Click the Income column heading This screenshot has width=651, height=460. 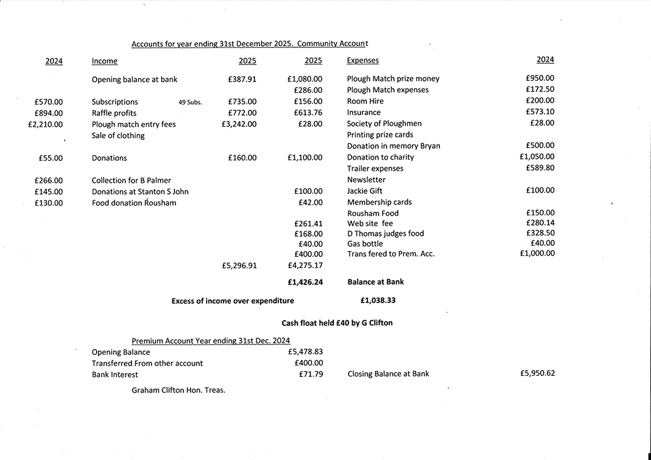tap(105, 61)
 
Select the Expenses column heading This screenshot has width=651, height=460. tap(362, 60)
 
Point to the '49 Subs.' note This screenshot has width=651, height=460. tap(190, 103)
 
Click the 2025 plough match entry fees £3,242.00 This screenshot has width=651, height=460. tap(239, 124)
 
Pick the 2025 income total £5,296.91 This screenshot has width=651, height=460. tap(239, 266)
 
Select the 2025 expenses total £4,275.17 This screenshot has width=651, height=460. tap(305, 266)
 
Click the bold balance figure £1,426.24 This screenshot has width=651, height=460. tap(305, 282)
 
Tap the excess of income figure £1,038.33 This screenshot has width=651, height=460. tap(378, 301)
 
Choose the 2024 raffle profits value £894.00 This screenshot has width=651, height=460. tap(49, 113)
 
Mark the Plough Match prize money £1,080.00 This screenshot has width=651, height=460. tap(305, 79)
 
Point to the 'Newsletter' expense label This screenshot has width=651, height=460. tap(366, 179)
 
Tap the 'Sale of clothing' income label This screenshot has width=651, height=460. tap(118, 135)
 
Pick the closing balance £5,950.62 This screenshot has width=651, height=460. tap(537, 373)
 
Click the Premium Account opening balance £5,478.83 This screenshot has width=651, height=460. tap(306, 352)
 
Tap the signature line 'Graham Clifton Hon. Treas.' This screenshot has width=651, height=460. tap(178, 390)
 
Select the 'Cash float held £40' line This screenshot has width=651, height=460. tap(337, 323)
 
